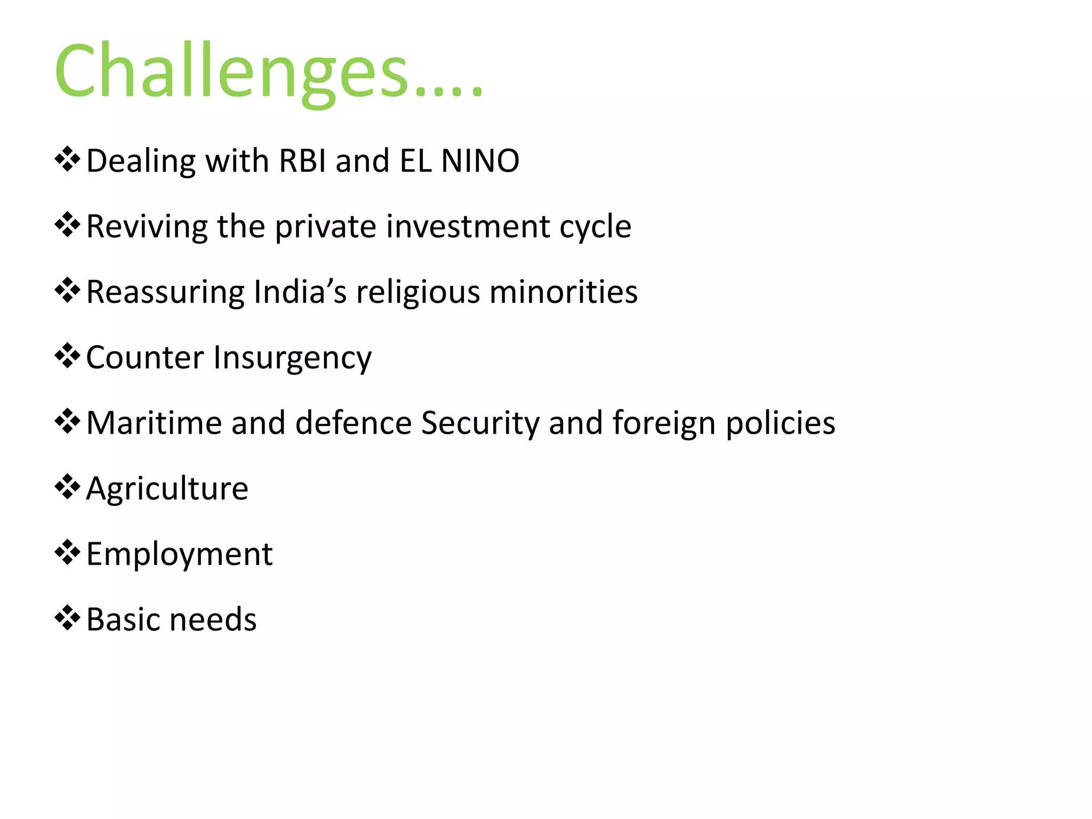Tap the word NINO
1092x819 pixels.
pos(480,160)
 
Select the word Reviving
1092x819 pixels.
pos(147,227)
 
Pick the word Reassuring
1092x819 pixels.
pos(165,293)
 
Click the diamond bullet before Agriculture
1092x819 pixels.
pos(67,487)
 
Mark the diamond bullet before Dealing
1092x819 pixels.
pos(67,159)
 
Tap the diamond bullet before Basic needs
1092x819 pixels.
pos(67,618)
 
